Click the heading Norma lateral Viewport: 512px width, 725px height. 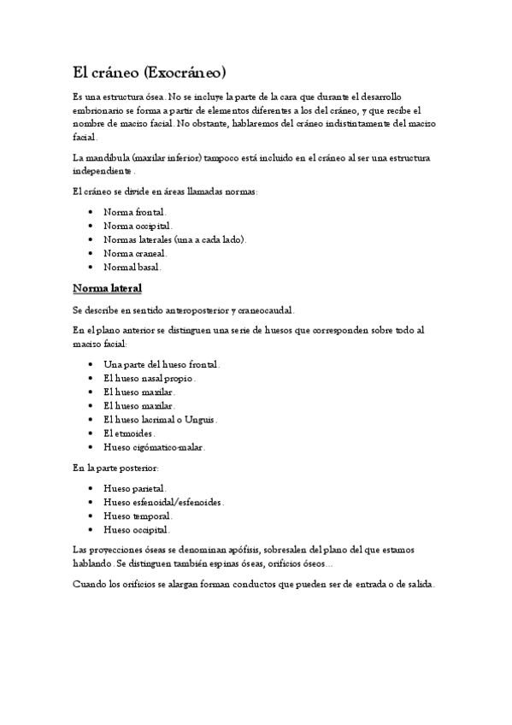pyautogui.click(x=107, y=288)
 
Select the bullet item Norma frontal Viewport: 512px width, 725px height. pyautogui.click(x=134, y=211)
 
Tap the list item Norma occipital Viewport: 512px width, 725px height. pyautogui.click(x=137, y=225)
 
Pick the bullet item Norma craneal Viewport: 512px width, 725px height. pyautogui.click(x=134, y=253)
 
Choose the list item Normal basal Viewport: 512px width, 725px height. pyautogui.click(x=132, y=267)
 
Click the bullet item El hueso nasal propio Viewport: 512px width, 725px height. pyautogui.click(x=149, y=378)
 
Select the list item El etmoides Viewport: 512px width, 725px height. pyautogui.click(x=128, y=433)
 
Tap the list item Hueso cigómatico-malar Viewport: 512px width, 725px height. pyautogui.click(x=154, y=447)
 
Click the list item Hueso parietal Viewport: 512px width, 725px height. pyautogui.click(x=134, y=489)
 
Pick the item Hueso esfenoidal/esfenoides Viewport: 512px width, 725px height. pyautogui.click(x=162, y=503)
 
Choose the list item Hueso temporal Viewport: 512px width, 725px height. pyautogui.click(x=137, y=516)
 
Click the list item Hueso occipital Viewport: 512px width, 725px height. pyautogui.click(x=137, y=530)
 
